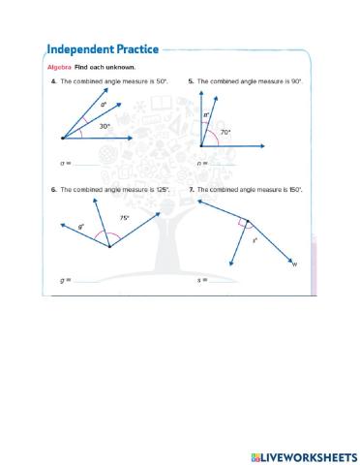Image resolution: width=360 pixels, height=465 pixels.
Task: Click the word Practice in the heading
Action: [x=134, y=49]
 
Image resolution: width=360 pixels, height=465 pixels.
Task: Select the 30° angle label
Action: [x=104, y=126]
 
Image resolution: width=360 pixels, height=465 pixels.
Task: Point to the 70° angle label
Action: [x=225, y=132]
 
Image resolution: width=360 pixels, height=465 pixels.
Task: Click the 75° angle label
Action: [x=125, y=218]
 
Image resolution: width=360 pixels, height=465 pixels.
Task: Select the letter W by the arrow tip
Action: [x=294, y=264]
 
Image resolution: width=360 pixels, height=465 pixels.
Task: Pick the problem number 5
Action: [x=191, y=82]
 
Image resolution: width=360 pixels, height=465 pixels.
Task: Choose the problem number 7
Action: [x=191, y=190]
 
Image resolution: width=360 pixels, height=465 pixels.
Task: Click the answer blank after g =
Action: [x=97, y=281]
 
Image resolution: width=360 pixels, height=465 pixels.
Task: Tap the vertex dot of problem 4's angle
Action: [x=63, y=139]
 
